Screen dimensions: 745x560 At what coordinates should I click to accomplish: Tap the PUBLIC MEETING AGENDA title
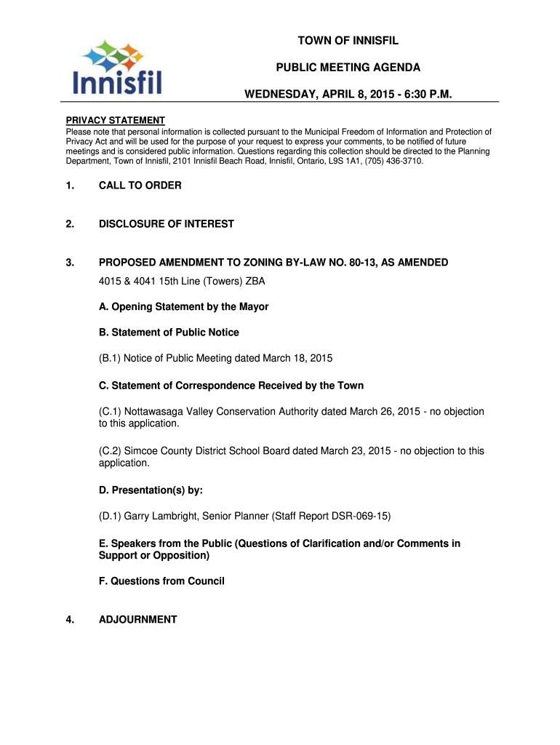[x=348, y=68]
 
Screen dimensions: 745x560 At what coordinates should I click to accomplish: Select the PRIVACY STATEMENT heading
[x=116, y=120]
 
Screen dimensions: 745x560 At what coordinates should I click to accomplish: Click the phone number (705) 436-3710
[x=394, y=161]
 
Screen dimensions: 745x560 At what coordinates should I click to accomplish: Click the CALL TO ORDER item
[x=140, y=186]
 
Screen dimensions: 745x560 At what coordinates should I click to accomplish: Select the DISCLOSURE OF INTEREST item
[x=167, y=224]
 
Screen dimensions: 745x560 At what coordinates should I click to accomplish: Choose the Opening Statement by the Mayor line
[x=183, y=307]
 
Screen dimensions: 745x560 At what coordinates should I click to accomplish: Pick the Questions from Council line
[x=161, y=581]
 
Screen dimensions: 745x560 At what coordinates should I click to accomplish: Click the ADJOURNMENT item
[x=138, y=620]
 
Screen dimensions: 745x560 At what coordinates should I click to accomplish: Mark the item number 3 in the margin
[x=70, y=262]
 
